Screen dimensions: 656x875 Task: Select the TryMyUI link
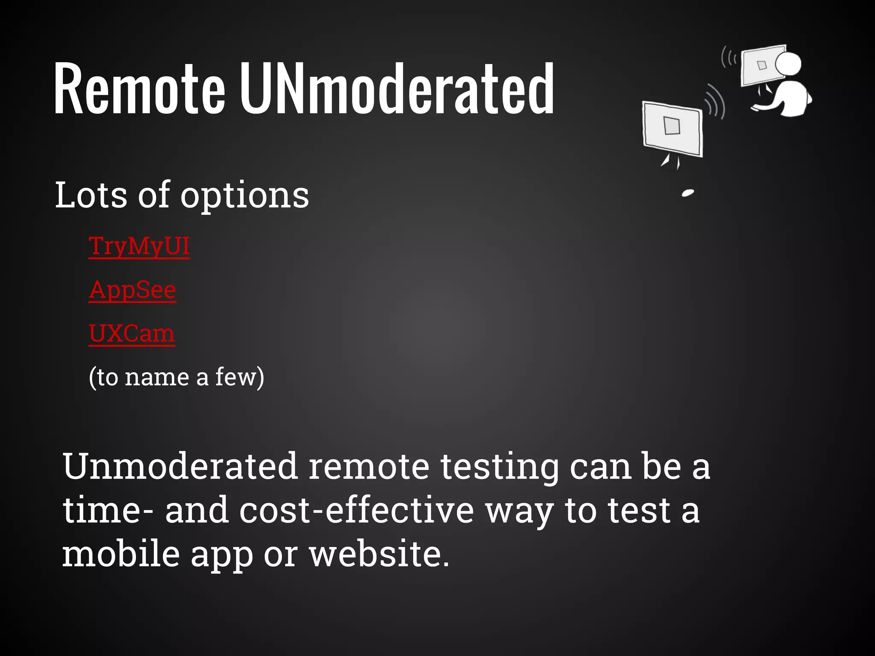tap(139, 246)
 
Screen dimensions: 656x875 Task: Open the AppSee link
tap(132, 290)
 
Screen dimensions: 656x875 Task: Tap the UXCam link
tap(132, 334)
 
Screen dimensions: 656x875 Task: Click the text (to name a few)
tap(176, 377)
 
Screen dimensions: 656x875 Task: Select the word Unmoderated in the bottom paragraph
tap(179, 466)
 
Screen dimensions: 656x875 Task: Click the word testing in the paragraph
tap(499, 467)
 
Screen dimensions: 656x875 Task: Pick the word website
tap(379, 554)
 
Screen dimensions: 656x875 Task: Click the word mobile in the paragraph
tap(120, 554)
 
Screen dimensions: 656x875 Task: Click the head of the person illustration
tap(788, 64)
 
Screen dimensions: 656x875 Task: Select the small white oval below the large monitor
tap(688, 193)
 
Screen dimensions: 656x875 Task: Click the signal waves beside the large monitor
tap(715, 102)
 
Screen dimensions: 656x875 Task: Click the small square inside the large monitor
tap(672, 126)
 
